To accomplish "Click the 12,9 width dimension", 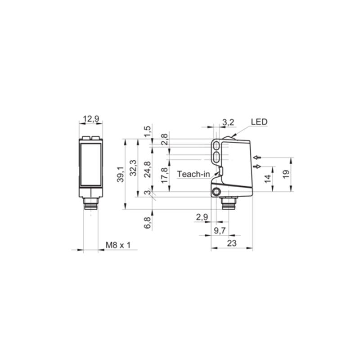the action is tap(91, 119).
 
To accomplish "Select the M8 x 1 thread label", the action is tap(118, 245).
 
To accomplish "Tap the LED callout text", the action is tap(259, 122).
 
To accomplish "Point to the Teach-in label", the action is tap(193, 174).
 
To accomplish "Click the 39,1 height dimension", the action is tap(120, 175).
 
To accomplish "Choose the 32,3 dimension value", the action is tap(133, 168).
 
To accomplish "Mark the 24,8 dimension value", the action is tap(147, 170).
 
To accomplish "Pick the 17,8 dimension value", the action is tap(164, 175).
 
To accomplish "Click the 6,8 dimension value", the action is tap(147, 223).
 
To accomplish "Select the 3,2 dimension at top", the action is tap(228, 122).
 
